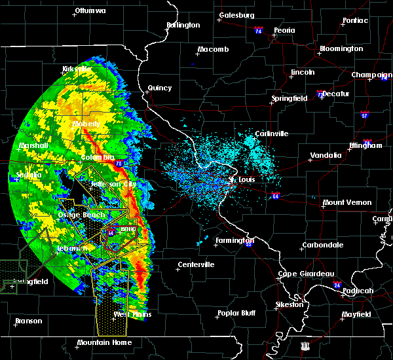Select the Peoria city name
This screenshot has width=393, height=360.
pos(284,30)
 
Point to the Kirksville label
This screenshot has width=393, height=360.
pos(77,69)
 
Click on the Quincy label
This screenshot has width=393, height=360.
pos(160,88)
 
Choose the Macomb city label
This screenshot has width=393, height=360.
pos(213,50)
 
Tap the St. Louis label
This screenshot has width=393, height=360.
pos(242,179)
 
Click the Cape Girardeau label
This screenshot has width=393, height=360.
pos(307,274)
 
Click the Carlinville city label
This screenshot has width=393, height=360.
pos(271,134)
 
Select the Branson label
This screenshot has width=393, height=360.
pos(29,321)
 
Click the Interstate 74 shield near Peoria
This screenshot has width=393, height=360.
pos(258,31)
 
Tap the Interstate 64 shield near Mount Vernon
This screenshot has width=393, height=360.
pos(276,195)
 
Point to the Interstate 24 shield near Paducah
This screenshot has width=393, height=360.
pos(336,285)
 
